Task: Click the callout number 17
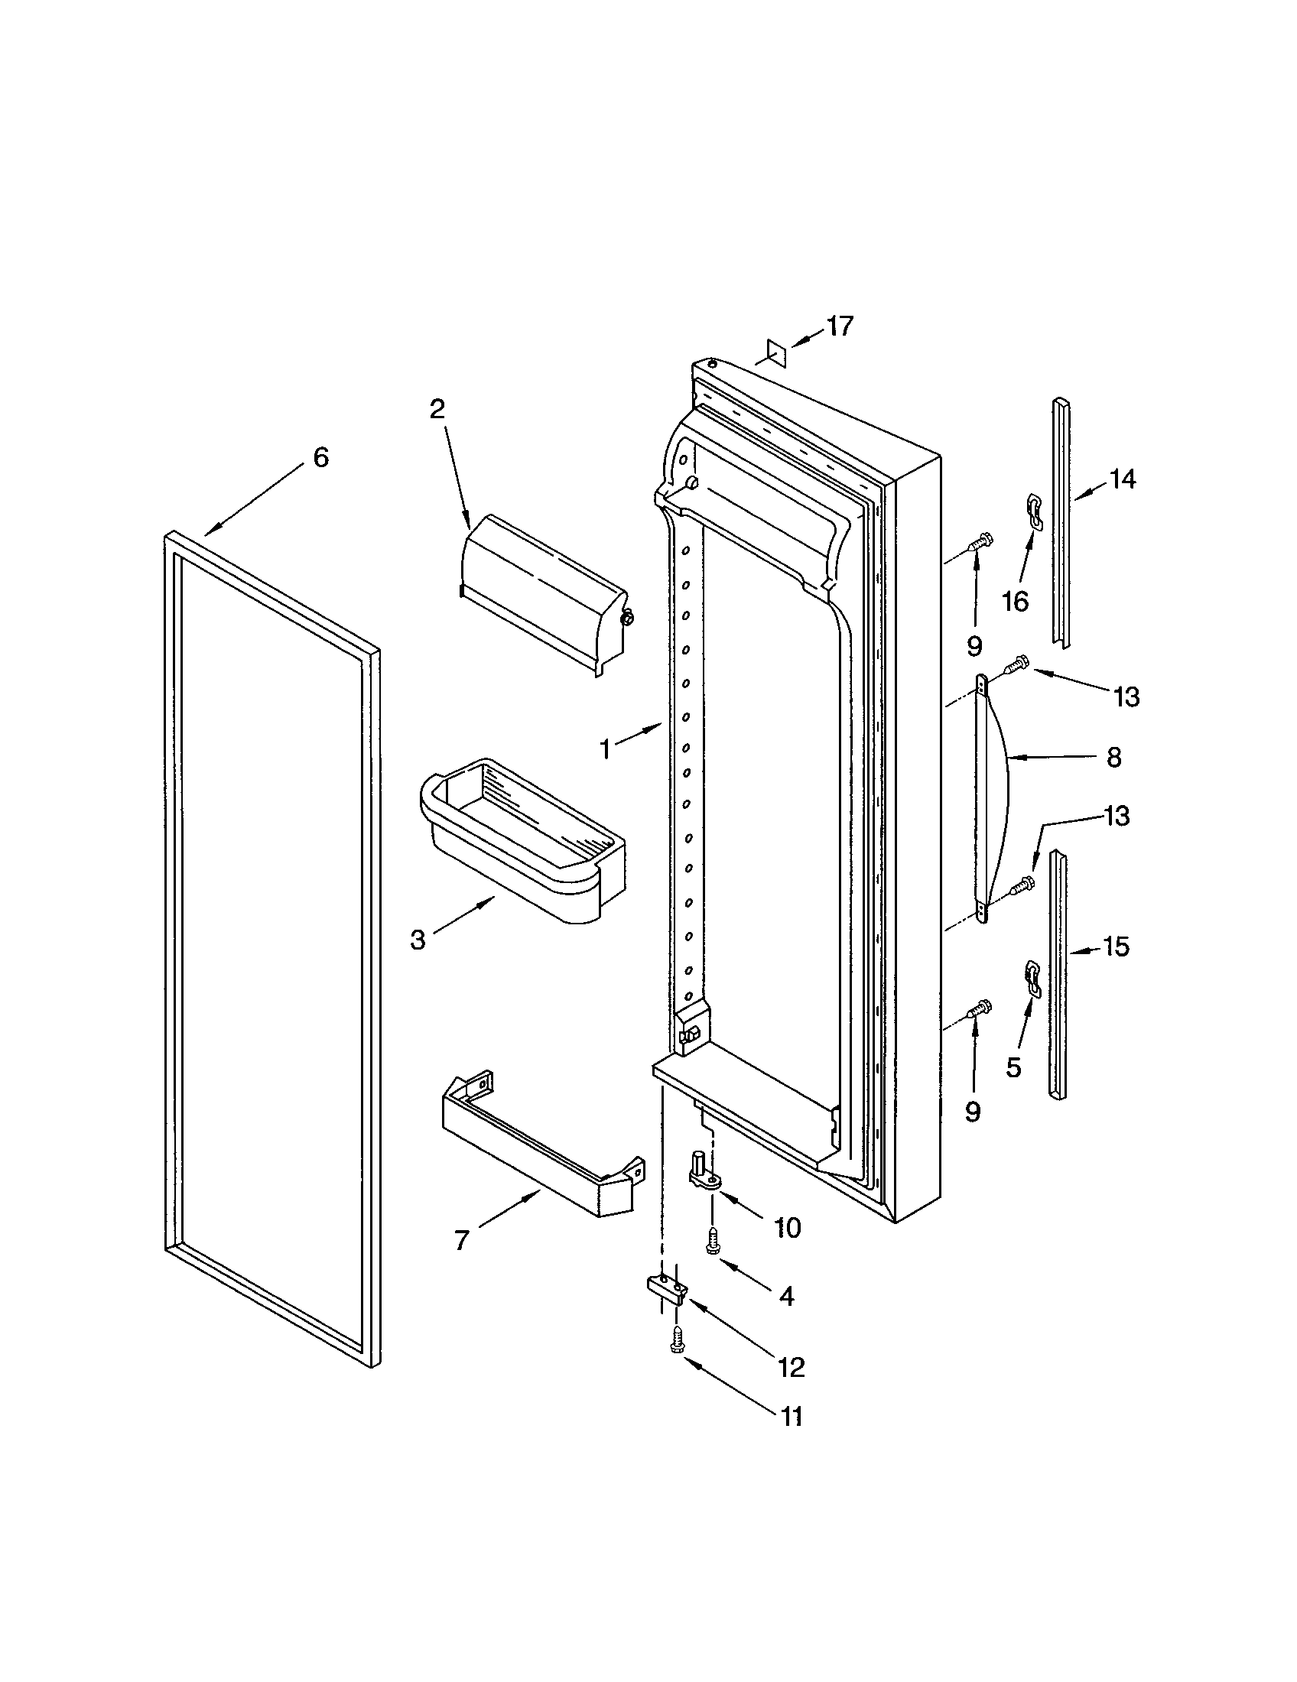coord(840,326)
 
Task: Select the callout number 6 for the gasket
coord(320,457)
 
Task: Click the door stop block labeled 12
coord(665,1289)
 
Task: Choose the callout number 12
coord(791,1367)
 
